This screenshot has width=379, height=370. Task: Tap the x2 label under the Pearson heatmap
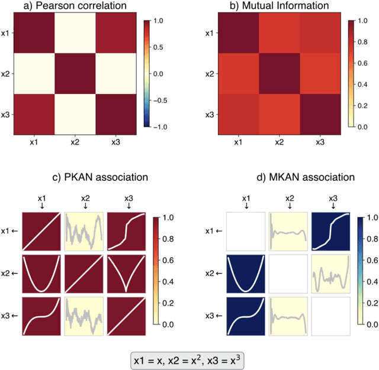click(75, 142)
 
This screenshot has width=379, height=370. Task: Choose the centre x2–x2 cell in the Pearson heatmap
click(75, 75)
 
